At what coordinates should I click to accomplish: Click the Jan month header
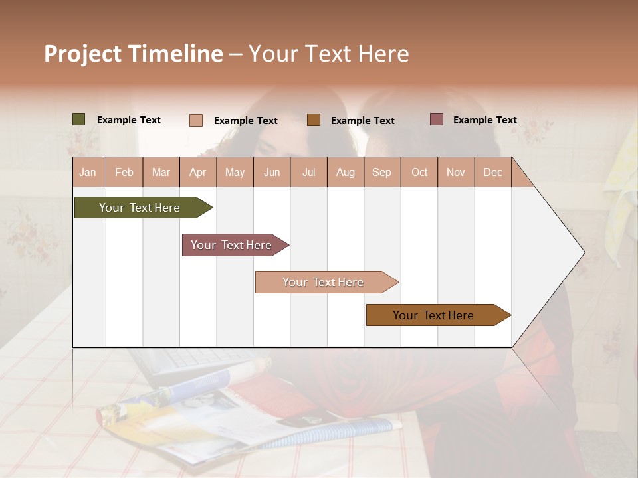[x=88, y=173]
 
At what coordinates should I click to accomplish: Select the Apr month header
[x=198, y=173]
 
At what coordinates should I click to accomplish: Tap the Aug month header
[x=345, y=173]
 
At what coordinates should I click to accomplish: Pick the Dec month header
[x=492, y=173]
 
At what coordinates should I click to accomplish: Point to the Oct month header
[x=419, y=173]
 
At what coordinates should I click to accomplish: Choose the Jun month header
[x=272, y=173]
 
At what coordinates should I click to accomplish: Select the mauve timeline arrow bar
[x=233, y=245]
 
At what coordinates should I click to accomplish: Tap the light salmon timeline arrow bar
[x=324, y=282]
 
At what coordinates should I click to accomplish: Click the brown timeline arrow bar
[x=435, y=315]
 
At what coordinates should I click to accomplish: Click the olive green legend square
[x=78, y=119]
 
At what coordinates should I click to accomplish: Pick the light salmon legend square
[x=195, y=120]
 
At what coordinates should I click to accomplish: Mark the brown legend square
[x=314, y=119]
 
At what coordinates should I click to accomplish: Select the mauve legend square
[x=436, y=119]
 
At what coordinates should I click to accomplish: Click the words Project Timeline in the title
[x=133, y=54]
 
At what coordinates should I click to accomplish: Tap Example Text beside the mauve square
[x=485, y=120]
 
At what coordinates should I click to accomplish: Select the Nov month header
[x=456, y=173]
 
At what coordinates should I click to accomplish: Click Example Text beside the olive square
[x=129, y=120]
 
